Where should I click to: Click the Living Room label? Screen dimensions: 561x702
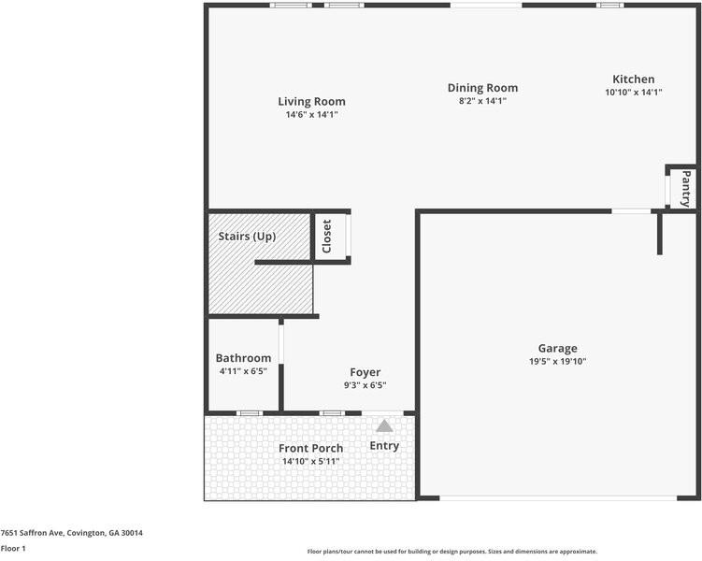pos(311,102)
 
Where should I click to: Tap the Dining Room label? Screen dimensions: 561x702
pos(482,89)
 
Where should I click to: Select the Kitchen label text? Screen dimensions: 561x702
pos(634,79)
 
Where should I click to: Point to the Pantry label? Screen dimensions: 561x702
pos(686,188)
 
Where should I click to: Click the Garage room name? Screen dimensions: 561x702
pos(557,349)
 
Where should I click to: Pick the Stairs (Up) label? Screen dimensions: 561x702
pos(247,237)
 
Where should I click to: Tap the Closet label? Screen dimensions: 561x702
pos(327,237)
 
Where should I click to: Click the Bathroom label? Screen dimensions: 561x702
pos(243,358)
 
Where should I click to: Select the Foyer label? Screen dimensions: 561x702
pos(365,372)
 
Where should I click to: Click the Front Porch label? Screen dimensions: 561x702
pos(310,449)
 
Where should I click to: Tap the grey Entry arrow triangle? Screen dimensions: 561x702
pos(384,426)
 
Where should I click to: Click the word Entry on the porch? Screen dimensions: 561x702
pos(384,446)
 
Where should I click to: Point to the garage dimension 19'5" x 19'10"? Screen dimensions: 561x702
pos(557,362)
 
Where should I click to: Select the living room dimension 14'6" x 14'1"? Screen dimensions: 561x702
pos(311,115)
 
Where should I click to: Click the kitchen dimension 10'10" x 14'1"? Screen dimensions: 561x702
pos(634,93)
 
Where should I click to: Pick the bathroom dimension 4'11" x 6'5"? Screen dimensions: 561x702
pos(243,371)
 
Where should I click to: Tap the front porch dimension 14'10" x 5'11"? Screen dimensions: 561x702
pos(310,462)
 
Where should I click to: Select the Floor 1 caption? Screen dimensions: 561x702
pos(13,549)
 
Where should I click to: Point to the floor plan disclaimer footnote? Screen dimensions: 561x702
pos(452,552)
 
